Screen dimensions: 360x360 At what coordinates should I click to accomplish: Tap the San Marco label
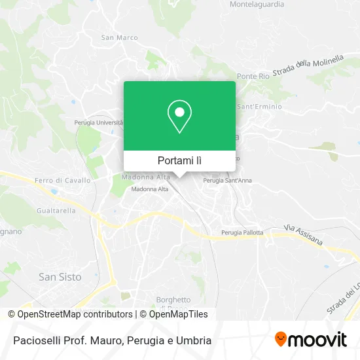pos(119,37)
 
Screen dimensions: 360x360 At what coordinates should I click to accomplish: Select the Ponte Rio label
pos(253,77)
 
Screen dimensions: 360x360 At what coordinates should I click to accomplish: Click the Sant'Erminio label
pos(259,107)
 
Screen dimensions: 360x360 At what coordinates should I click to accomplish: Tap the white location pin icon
pos(179,116)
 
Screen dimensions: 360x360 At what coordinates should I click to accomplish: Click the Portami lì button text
pos(179,160)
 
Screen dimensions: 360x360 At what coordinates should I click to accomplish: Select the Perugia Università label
pos(98,122)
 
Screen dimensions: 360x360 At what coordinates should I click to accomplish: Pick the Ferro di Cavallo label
pos(63,180)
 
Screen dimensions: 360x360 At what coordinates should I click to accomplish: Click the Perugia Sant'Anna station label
pos(227,180)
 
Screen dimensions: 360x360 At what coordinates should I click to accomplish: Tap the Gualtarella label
pos(56,210)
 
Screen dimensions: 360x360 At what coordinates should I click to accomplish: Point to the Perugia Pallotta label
pos(242,232)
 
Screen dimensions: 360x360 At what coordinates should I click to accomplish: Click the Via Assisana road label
pos(303,235)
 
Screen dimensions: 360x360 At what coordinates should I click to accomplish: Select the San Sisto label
pos(60,277)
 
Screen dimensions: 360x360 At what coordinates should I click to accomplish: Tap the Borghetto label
pos(173,300)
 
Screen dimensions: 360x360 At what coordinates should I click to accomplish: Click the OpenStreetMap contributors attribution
pos(75,314)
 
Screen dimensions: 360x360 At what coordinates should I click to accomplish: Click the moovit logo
pos(310,340)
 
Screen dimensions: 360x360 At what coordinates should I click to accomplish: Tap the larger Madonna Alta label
pos(146,177)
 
